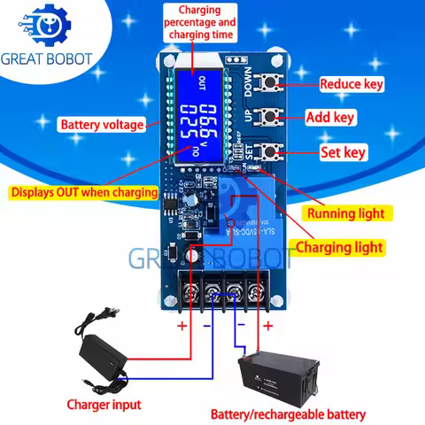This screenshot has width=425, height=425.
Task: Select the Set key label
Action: coord(342,152)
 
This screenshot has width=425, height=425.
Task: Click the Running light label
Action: coord(345,213)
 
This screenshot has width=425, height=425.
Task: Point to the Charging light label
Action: coord(338,247)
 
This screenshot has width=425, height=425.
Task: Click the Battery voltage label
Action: coord(101,125)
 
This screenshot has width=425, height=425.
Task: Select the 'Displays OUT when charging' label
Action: coord(83,191)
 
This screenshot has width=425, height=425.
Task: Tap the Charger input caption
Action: coord(103,406)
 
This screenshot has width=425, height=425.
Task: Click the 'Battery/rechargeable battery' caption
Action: coord(288,413)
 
